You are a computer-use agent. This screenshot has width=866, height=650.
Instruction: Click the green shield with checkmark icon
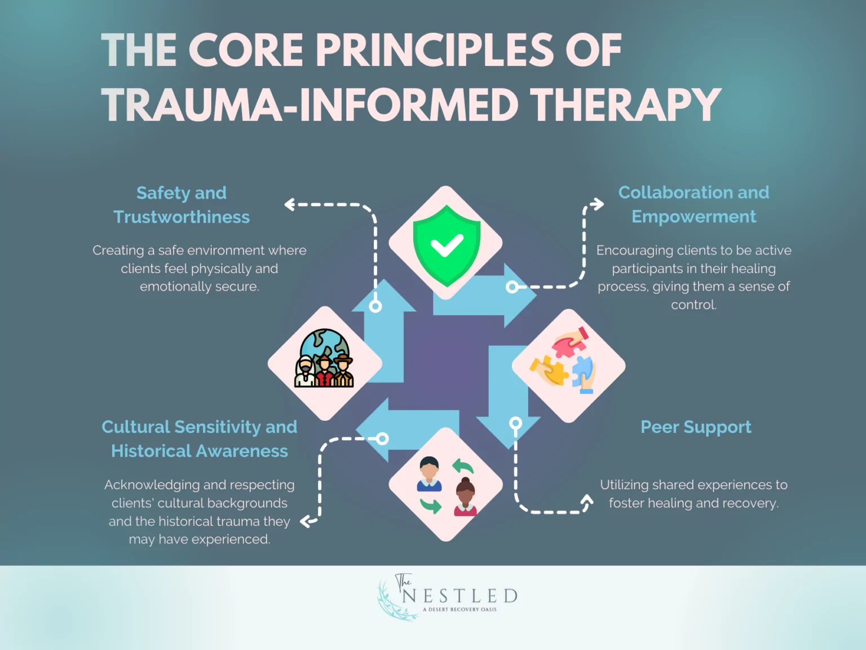[447, 245]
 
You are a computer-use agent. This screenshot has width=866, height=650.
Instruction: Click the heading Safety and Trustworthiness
[182, 205]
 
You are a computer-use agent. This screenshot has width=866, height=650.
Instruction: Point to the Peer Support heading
[696, 427]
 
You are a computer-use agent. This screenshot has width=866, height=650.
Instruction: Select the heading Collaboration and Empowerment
[693, 204]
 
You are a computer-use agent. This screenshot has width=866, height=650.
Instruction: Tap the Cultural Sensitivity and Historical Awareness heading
[200, 439]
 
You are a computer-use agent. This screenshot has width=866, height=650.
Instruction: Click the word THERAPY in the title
[626, 106]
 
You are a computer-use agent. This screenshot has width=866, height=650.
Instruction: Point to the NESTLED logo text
[459, 596]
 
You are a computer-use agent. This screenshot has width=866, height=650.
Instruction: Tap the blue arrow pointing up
[384, 333]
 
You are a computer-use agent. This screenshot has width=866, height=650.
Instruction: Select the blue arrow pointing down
[508, 395]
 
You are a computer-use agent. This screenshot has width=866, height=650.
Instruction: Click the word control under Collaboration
[693, 305]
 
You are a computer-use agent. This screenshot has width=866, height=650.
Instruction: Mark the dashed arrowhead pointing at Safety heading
[289, 204]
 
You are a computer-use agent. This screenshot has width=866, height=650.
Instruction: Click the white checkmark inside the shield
[447, 245]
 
